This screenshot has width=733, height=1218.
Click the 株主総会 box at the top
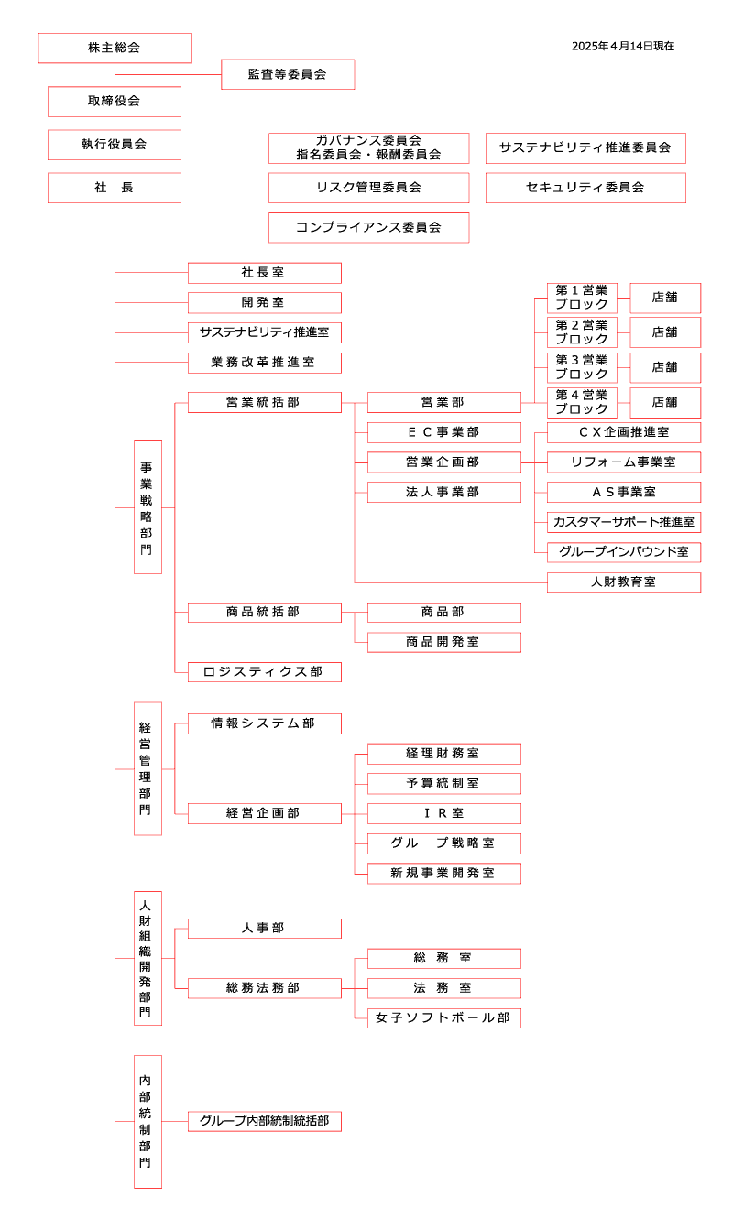coord(115,48)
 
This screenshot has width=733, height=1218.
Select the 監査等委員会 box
coord(288,74)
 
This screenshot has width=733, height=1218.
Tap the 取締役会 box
coord(115,101)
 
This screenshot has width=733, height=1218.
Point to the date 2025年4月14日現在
coord(623,46)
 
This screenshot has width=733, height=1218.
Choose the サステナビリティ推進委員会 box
coord(585,147)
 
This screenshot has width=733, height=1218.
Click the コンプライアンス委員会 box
coord(368,227)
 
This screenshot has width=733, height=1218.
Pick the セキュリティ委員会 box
coord(585,188)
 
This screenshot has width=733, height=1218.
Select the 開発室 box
coord(264,302)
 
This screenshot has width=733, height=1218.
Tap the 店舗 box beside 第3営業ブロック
coord(665,367)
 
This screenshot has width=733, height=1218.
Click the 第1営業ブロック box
coord(582,298)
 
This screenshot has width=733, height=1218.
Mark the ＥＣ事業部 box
coord(443,432)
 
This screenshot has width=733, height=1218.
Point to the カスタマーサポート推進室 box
coord(624,522)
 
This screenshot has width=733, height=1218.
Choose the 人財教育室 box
coord(624,582)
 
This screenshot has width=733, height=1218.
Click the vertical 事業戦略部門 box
coord(148,507)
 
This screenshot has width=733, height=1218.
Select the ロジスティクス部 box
coord(264,672)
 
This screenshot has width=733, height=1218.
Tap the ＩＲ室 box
coord(443,813)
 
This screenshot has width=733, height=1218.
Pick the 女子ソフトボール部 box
coord(443,1017)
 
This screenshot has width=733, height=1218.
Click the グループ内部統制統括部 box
coord(264,1121)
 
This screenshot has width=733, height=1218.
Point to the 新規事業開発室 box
coord(443,874)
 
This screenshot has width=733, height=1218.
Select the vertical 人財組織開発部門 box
coord(148,958)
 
